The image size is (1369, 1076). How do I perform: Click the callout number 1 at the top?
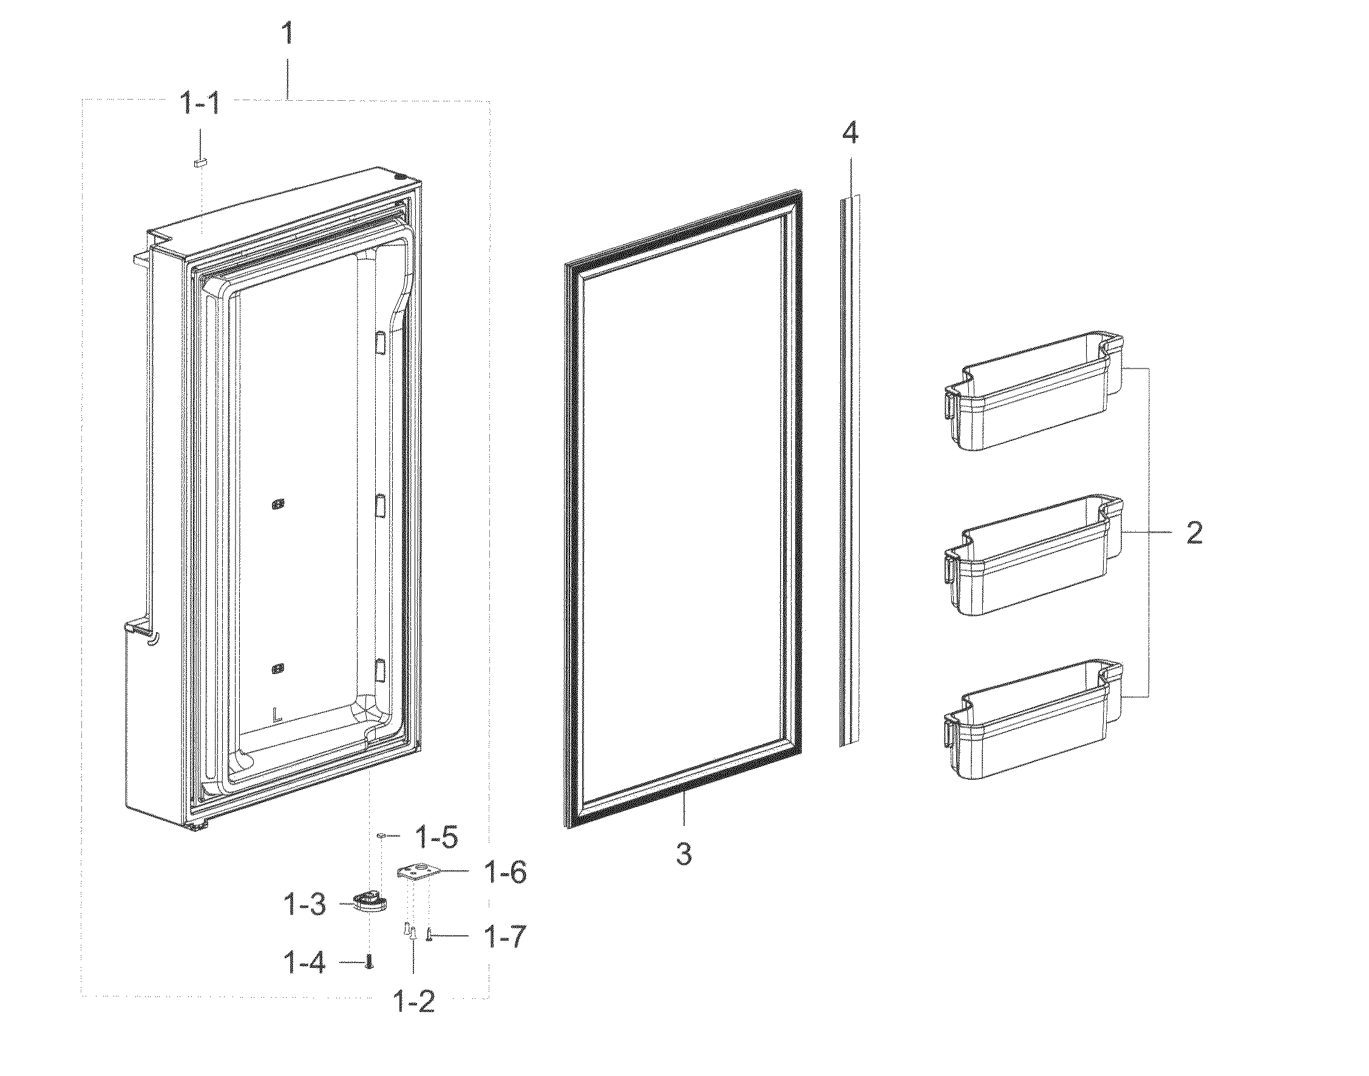pyautogui.click(x=287, y=33)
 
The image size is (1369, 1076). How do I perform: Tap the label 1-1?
pyautogui.click(x=200, y=103)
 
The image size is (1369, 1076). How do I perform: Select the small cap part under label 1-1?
pyautogui.click(x=200, y=163)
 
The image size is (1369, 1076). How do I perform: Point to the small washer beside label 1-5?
pyautogui.click(x=382, y=836)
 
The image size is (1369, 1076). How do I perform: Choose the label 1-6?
pyautogui.click(x=505, y=872)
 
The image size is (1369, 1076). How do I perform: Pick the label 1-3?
pyautogui.click(x=304, y=906)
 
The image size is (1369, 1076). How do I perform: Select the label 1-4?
pyautogui.click(x=305, y=963)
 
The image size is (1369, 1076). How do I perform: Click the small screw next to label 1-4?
pyautogui.click(x=370, y=961)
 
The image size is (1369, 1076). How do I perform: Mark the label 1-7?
pyautogui.click(x=504, y=937)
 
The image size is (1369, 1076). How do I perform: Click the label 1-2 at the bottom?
pyautogui.click(x=413, y=1001)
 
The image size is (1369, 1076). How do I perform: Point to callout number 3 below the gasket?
pyautogui.click(x=684, y=854)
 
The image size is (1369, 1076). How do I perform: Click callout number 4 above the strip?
pyautogui.click(x=850, y=134)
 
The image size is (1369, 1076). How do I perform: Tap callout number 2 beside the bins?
pyautogui.click(x=1194, y=533)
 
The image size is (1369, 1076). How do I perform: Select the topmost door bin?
pyautogui.click(x=1033, y=401)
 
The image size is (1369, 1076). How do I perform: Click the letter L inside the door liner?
pyautogui.click(x=276, y=715)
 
